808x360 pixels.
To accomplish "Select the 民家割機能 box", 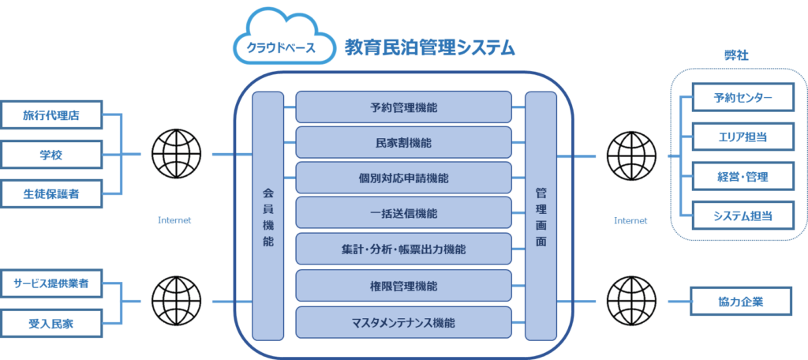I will pos(404,143).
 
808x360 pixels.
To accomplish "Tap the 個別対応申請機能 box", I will pos(404,178).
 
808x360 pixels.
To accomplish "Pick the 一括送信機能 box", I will pos(404,214).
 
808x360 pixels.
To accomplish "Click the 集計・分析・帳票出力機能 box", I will pos(404,249).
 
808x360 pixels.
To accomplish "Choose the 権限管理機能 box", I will pos(404,286).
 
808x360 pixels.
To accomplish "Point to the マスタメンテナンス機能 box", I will pos(404,321).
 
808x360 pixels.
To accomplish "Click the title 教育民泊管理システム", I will pos(430,48).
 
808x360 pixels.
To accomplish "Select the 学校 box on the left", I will pos(52,154).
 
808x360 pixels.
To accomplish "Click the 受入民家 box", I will pos(52,321).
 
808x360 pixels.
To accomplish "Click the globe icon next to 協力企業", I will pos(630,302).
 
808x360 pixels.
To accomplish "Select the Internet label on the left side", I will pos(174,220).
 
